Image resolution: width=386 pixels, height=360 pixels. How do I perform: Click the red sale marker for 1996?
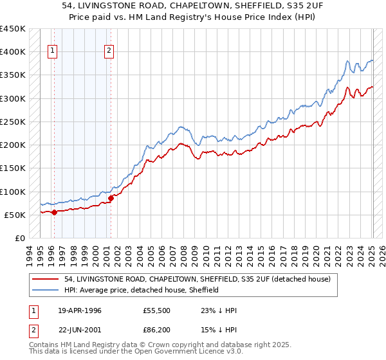click(x=54, y=212)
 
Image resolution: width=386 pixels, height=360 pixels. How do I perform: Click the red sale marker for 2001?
click(x=111, y=198)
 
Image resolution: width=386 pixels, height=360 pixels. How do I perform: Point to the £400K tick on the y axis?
click(x=13, y=52)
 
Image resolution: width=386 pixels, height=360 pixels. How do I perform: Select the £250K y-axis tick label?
click(x=13, y=122)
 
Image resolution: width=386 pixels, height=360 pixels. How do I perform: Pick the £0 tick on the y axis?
click(x=20, y=238)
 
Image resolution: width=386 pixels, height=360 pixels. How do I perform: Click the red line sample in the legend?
click(x=46, y=279)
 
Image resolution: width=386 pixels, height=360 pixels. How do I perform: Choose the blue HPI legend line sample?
click(x=46, y=290)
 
